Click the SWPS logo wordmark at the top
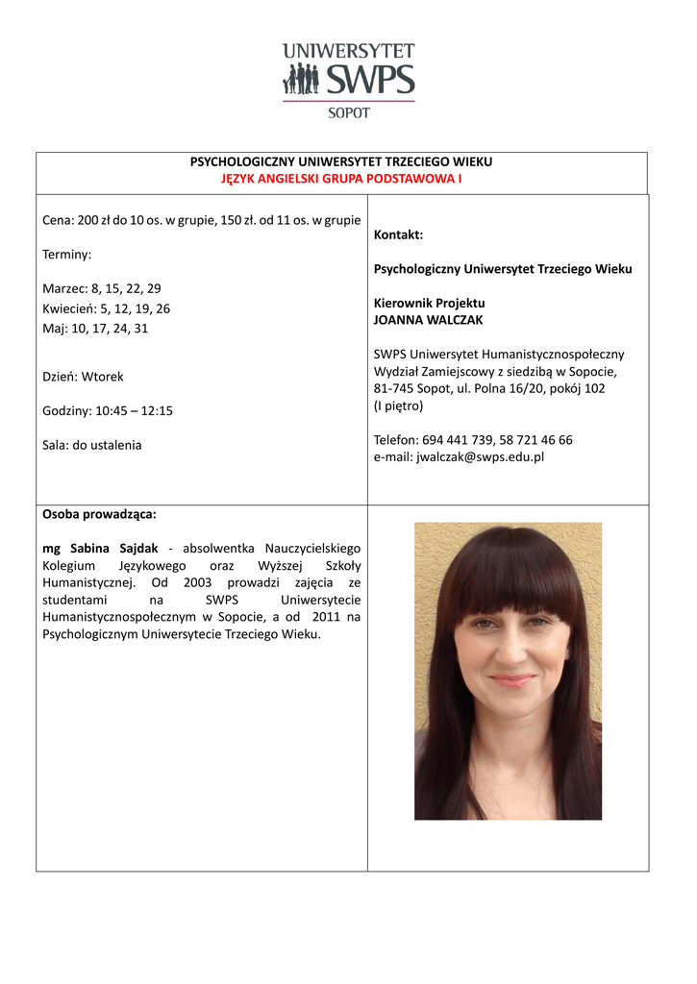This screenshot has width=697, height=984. pos(370,79)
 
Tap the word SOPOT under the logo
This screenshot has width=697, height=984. pos(349,112)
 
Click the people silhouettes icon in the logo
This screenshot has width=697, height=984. pos(300,79)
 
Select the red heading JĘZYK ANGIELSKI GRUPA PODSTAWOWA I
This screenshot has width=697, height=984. pos(341,179)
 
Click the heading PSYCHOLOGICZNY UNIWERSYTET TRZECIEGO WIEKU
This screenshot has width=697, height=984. pos(341,162)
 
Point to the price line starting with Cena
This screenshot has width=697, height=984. pos(202,220)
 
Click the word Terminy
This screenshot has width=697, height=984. pos(67,255)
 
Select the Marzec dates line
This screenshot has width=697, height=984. pos(102,288)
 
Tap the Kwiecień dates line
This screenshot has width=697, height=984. pos(107,308)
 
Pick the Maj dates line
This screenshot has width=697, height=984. pos(96,329)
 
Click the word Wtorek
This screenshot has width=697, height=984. pos(102,377)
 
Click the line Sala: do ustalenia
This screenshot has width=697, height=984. pos(92,445)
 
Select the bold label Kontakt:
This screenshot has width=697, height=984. pos(398,235)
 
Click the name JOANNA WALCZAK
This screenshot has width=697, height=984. pos(429,320)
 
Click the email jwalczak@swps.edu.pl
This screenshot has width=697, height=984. pos(480,456)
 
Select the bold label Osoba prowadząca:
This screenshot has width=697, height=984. pos(99,513)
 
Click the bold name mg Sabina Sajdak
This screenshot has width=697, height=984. pos(100,548)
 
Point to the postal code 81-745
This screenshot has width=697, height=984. pos(392,388)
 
